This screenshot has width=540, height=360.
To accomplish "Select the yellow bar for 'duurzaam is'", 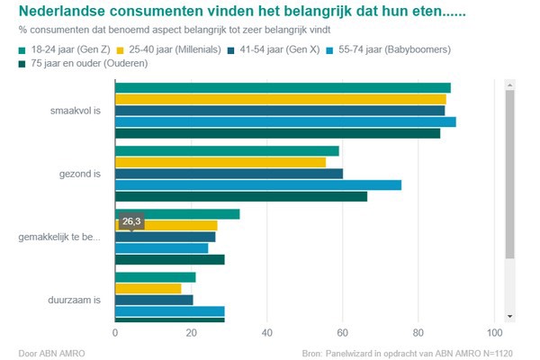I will (x=148, y=289).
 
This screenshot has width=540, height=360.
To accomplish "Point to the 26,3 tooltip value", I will (x=132, y=220).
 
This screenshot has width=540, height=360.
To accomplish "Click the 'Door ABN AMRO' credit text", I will (x=51, y=352).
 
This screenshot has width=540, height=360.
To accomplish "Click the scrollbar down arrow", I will (x=509, y=316).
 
